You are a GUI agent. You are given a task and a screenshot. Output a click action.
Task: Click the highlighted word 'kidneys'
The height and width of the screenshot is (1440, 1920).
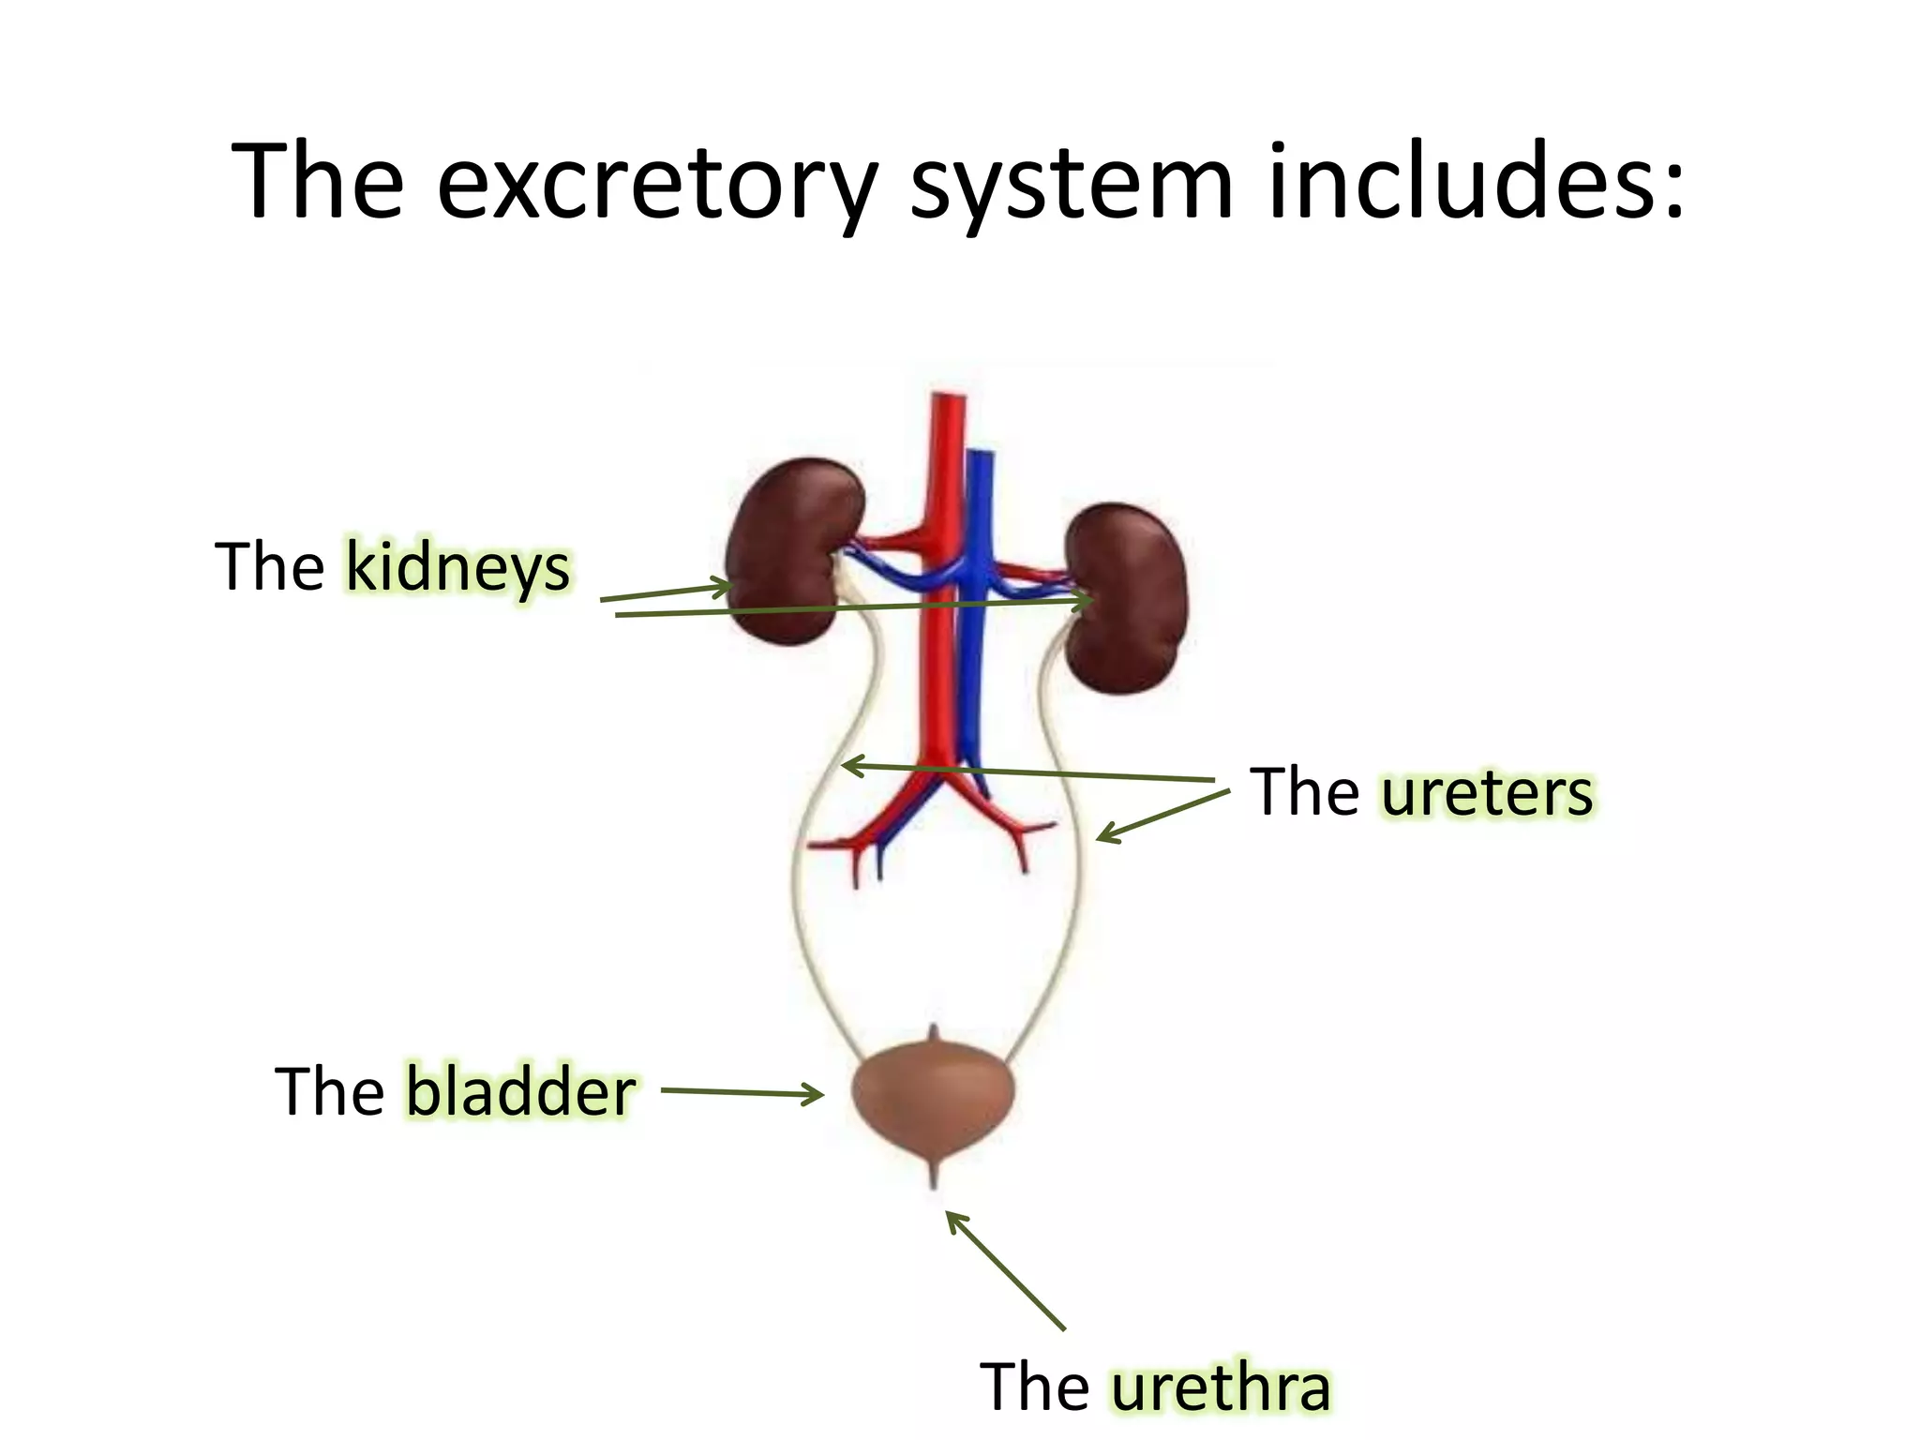(457, 568)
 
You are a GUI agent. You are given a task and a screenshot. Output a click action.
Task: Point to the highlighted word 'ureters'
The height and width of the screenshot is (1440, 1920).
(1487, 793)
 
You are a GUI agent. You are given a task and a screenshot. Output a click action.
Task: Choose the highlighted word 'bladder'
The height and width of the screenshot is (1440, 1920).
(520, 1092)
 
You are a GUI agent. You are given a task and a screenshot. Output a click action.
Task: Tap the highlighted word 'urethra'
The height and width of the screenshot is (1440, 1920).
(1221, 1387)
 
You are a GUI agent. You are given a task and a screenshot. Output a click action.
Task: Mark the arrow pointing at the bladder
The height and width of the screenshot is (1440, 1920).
(741, 1092)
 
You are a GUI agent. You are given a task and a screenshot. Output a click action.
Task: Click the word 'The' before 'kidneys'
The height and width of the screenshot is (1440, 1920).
(270, 568)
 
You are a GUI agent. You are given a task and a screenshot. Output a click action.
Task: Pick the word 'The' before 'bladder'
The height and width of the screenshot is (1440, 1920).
(329, 1092)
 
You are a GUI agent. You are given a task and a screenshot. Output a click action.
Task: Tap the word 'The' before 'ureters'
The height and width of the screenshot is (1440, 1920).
(1304, 793)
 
